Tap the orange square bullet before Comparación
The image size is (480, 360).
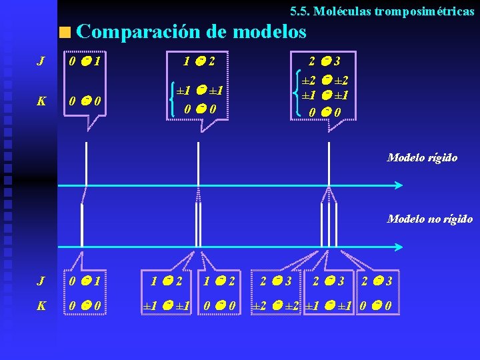[x=65, y=32]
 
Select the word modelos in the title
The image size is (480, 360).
[x=270, y=31]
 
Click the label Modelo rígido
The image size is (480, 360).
[x=423, y=158]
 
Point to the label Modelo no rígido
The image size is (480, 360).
[x=430, y=219]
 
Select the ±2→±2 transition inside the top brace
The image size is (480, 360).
[x=327, y=79]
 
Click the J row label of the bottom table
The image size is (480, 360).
[x=41, y=282]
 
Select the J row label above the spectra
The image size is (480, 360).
[x=41, y=62]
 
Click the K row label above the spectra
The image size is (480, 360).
[x=41, y=102]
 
